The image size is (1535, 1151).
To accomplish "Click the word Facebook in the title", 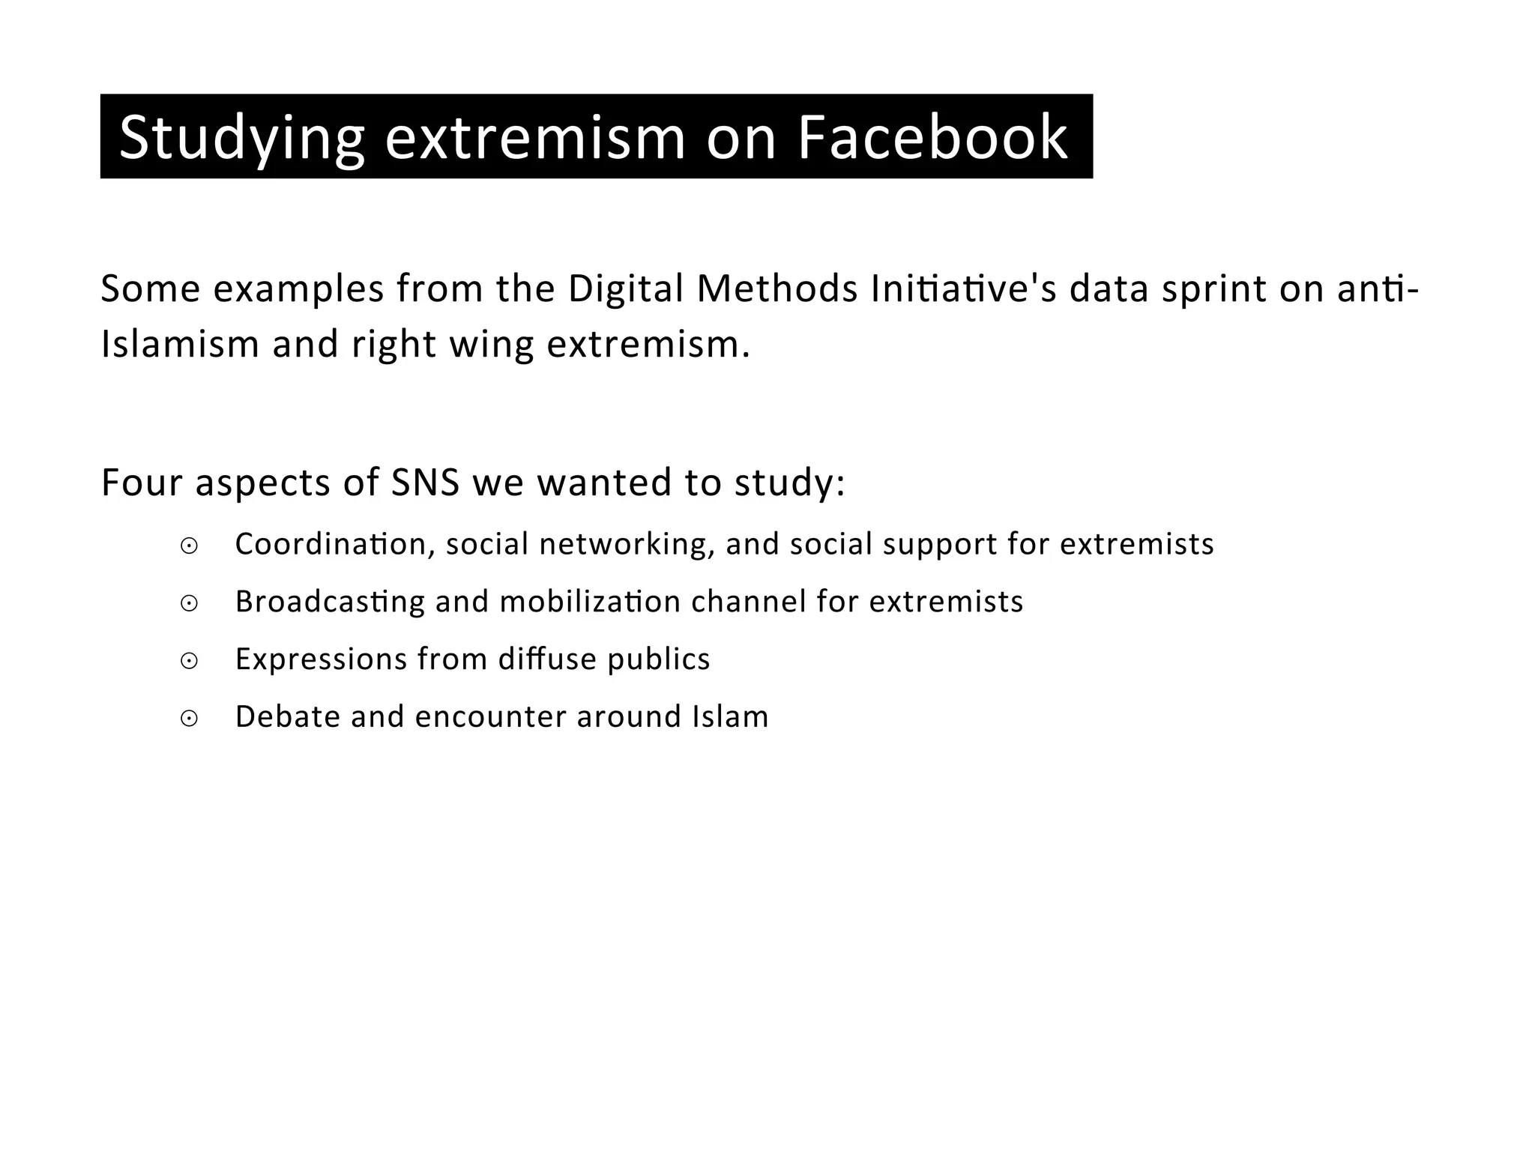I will point(932,138).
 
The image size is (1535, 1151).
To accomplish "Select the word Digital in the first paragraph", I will point(626,289).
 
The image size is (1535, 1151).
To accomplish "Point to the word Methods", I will point(776,289).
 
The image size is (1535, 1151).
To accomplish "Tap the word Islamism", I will point(180,345).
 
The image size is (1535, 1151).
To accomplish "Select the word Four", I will point(142,483).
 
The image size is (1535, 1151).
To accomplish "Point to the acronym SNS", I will point(426,483).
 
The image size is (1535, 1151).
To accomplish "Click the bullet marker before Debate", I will point(189,719).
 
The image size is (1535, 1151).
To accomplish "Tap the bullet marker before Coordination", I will point(189,546).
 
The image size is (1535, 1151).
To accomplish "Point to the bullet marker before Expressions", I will point(189,661).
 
